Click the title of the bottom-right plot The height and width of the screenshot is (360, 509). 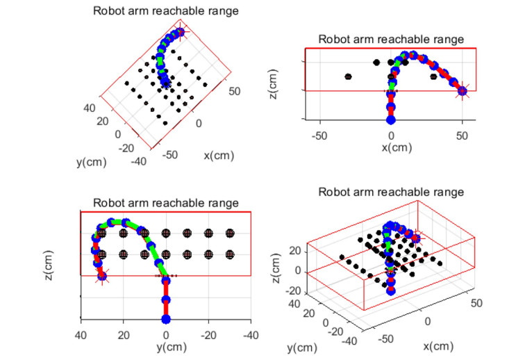click(x=390, y=192)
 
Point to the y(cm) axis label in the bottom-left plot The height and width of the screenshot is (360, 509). click(x=165, y=348)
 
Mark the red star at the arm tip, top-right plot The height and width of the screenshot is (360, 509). click(x=462, y=90)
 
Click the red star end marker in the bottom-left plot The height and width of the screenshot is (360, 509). click(x=102, y=277)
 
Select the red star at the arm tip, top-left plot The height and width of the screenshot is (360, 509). click(x=180, y=31)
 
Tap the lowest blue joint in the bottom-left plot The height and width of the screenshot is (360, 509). click(x=166, y=319)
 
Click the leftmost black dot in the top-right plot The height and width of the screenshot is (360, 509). click(x=349, y=76)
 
